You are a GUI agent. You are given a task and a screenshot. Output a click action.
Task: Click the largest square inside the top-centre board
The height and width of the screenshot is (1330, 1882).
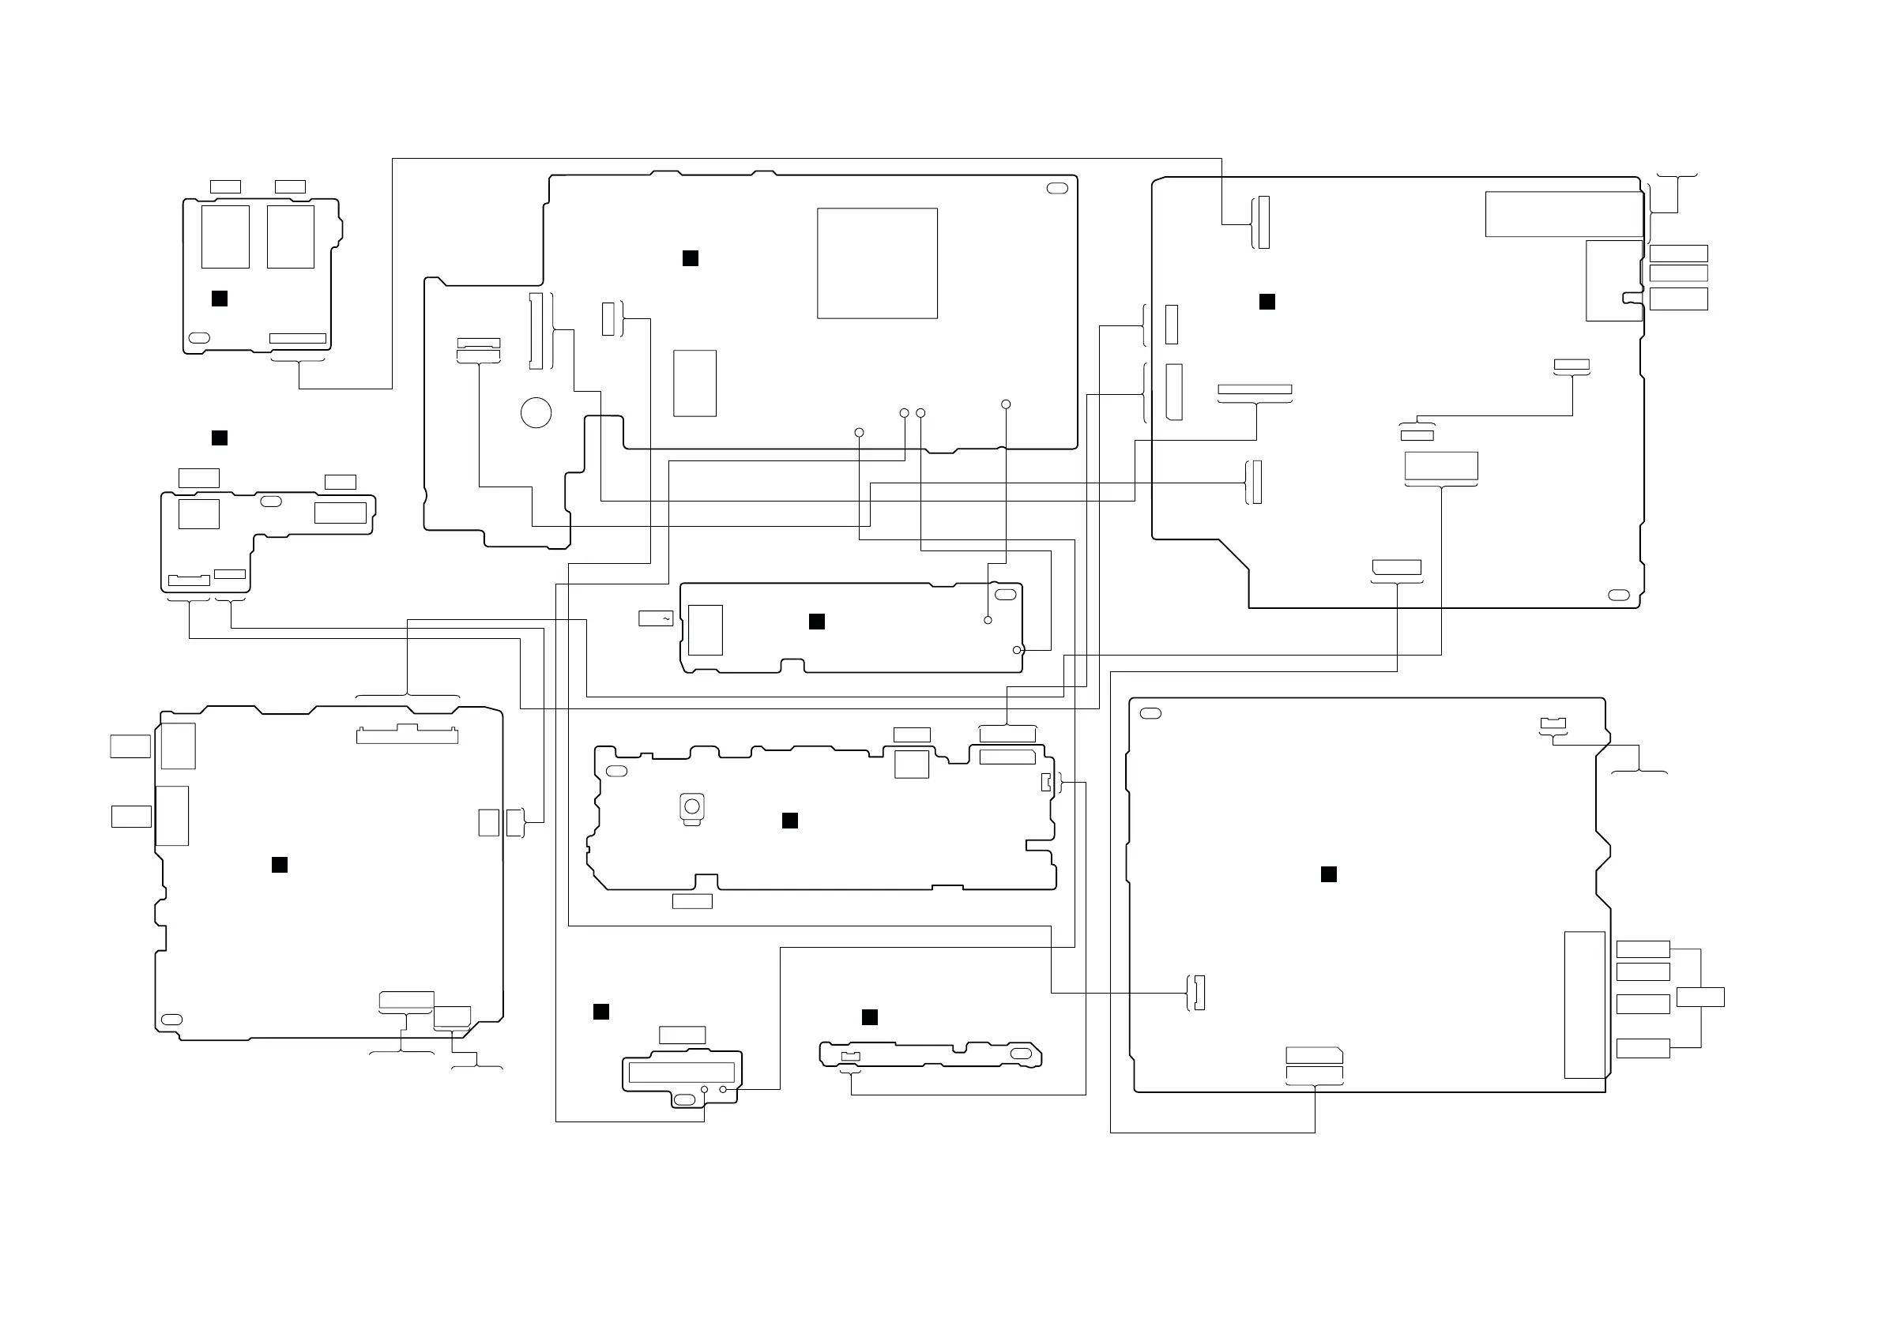[x=876, y=263]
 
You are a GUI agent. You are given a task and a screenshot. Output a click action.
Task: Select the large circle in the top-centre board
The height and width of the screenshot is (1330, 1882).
[x=536, y=412]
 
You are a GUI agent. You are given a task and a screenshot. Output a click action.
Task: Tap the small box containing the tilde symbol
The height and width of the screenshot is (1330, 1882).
[x=656, y=618]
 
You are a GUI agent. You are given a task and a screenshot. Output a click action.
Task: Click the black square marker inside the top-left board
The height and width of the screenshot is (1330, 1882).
[x=219, y=299]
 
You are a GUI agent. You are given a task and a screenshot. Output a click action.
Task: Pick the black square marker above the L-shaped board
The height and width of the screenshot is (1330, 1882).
[x=219, y=438]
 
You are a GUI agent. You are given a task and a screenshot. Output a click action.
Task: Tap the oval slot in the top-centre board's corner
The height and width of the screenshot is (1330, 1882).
[x=1057, y=189]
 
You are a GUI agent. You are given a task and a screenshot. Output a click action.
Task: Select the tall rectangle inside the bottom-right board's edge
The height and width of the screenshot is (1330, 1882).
[x=1584, y=1005]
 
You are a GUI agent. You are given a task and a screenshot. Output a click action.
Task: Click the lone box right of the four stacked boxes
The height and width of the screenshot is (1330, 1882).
[x=1700, y=997]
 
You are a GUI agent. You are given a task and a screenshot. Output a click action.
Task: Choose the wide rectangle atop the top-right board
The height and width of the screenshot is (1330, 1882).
[x=1564, y=214]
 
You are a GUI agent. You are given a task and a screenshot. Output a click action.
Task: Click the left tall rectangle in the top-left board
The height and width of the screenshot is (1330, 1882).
[x=225, y=237]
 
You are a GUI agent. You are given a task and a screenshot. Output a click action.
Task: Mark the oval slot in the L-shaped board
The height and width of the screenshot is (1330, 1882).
[x=270, y=502]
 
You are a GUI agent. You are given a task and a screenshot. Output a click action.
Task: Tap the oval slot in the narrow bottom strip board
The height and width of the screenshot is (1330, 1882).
[x=1022, y=1053]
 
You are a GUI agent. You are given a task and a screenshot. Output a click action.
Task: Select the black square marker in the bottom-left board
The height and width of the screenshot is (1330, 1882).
[x=280, y=865]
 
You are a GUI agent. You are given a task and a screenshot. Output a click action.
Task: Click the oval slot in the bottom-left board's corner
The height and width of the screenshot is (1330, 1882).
[x=172, y=1020]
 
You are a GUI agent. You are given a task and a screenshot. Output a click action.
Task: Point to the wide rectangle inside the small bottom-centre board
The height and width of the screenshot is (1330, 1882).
[x=681, y=1072]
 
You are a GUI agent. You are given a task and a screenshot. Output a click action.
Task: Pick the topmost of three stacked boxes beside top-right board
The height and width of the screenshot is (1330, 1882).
[x=1678, y=254]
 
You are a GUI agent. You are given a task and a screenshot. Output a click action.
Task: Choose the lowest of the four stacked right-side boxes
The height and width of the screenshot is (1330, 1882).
[x=1643, y=1047]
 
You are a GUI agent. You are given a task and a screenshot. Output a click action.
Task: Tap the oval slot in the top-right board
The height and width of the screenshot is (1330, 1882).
[x=1619, y=595]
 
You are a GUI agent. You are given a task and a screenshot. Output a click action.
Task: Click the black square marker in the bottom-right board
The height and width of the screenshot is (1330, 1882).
[x=1329, y=874]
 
